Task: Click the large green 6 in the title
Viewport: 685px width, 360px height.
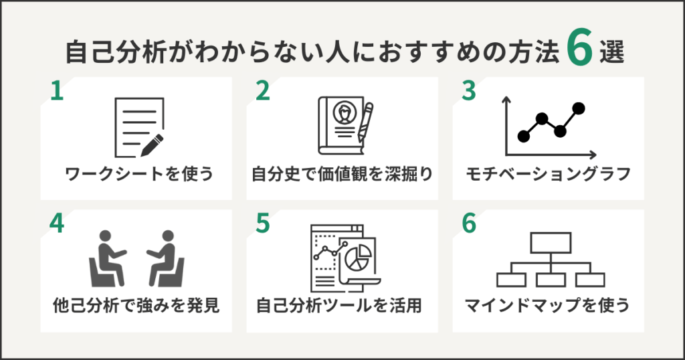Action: click(x=580, y=51)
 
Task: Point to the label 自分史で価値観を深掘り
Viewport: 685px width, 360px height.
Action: click(x=342, y=175)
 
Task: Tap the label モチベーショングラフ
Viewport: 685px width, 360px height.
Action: click(x=548, y=175)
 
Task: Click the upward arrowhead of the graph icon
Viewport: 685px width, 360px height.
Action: click(x=506, y=100)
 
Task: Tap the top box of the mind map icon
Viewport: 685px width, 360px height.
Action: click(x=550, y=242)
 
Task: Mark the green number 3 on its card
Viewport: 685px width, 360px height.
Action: click(x=469, y=92)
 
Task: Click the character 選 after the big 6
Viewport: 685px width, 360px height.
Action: click(x=611, y=53)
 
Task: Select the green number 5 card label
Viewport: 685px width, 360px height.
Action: click(x=263, y=224)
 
